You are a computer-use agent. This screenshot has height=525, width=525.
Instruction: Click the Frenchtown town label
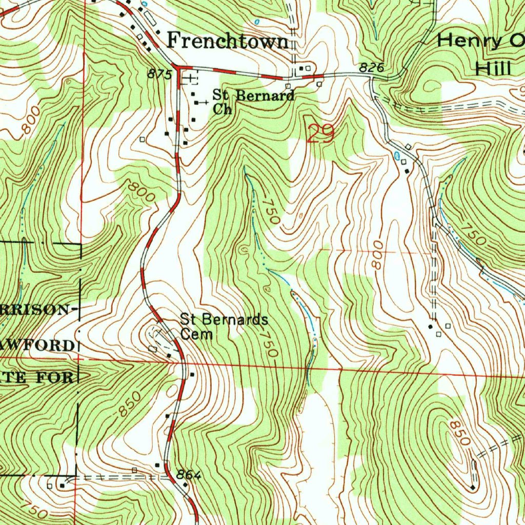(x=229, y=41)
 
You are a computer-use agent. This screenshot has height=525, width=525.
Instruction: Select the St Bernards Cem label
(x=224, y=327)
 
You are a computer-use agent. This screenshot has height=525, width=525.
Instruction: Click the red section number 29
(x=321, y=134)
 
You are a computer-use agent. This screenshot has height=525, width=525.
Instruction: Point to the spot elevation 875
(x=159, y=74)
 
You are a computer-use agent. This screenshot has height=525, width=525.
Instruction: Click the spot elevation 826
(x=371, y=67)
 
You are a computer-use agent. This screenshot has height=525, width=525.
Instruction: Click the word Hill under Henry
(x=494, y=68)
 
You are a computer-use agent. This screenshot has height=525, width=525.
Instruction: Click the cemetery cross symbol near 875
(x=190, y=78)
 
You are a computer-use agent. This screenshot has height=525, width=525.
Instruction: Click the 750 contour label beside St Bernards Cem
(x=269, y=343)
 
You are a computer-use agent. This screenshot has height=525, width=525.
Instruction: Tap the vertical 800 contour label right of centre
(x=378, y=255)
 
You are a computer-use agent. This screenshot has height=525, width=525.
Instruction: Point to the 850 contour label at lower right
(x=459, y=433)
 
